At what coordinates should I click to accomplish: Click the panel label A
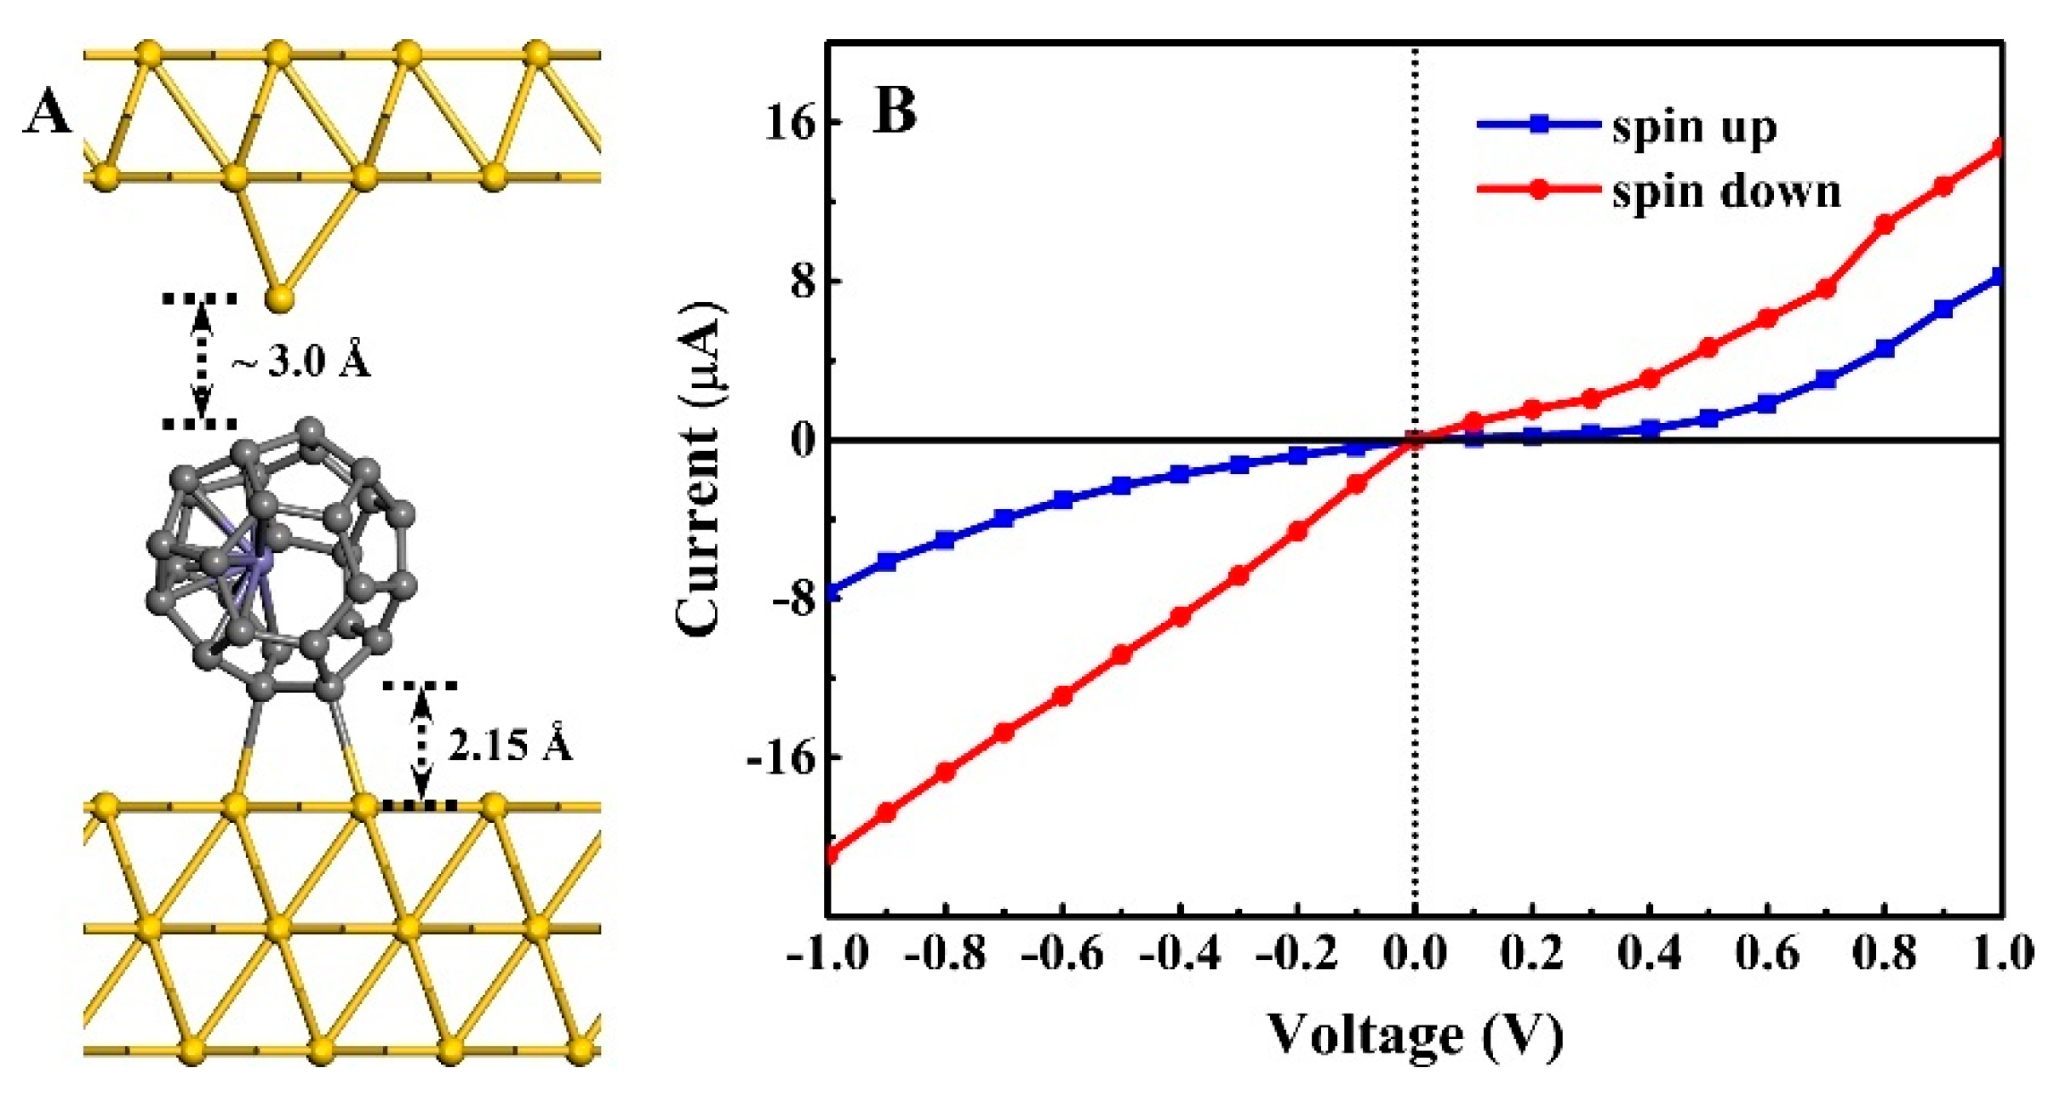[47, 112]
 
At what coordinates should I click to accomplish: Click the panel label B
[895, 111]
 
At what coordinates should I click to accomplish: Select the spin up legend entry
[1694, 127]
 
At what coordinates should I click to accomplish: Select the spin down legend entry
[1725, 191]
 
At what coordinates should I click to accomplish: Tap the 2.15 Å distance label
[510, 745]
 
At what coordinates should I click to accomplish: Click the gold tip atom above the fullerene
[279, 299]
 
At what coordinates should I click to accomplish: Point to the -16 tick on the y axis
[781, 757]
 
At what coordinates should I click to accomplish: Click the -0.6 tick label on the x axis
[1062, 954]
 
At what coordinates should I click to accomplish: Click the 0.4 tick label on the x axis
[1650, 954]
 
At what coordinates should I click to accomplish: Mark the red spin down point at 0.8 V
[1885, 225]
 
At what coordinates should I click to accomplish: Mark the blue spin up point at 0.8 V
[1885, 348]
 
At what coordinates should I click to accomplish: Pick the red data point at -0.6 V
[1062, 695]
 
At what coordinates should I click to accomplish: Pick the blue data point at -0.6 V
[1062, 500]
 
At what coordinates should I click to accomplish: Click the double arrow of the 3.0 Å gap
[201, 362]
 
